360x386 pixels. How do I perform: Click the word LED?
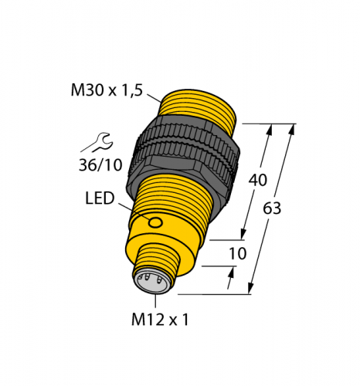pyautogui.click(x=99, y=199)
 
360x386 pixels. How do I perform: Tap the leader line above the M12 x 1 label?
pyautogui.click(x=160, y=297)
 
